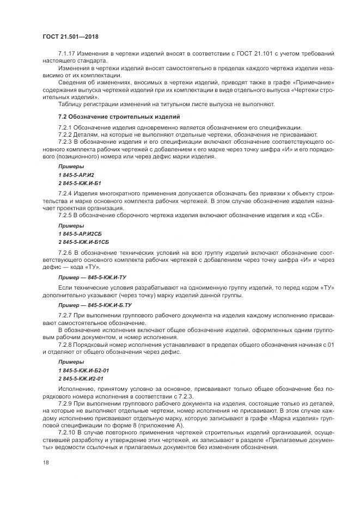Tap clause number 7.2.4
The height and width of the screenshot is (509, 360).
66,194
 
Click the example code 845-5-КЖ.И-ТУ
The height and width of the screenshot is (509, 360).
111,277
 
